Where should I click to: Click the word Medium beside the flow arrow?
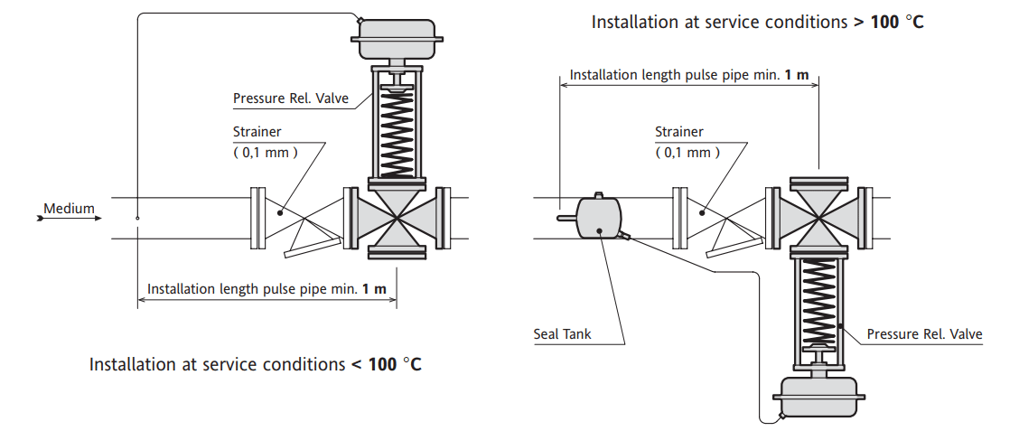click(70, 209)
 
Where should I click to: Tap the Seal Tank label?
click(562, 334)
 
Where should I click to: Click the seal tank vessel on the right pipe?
click(597, 218)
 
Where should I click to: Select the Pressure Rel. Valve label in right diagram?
click(924, 334)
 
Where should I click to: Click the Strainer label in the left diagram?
click(257, 132)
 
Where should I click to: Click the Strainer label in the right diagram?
click(679, 132)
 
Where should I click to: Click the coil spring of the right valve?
click(819, 303)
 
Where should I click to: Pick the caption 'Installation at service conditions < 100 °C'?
click(256, 365)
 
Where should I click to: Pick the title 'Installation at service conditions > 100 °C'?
click(757, 22)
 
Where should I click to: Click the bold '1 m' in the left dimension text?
click(374, 290)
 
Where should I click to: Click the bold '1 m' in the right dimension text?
click(796, 75)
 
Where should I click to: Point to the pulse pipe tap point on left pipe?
click(137, 218)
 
